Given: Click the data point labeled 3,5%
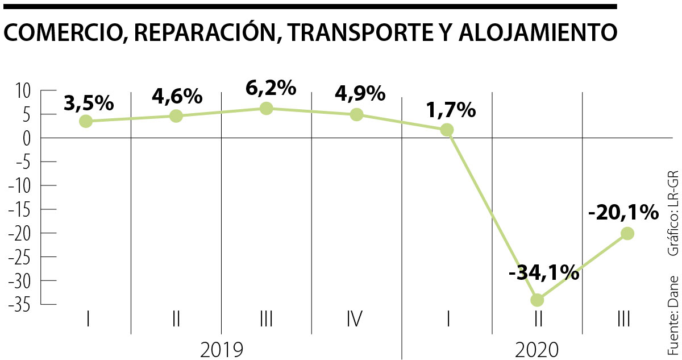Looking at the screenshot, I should point(86,121).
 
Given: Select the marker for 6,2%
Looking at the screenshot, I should point(266,108).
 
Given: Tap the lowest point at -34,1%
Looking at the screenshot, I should point(537,299).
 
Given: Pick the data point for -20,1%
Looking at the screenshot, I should point(627,233).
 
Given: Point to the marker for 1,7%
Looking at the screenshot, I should point(447,130).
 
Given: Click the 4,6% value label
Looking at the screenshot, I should point(177,96).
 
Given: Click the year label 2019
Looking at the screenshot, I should point(222,349).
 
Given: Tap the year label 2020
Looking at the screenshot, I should point(537,349).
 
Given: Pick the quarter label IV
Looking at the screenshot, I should point(355,319).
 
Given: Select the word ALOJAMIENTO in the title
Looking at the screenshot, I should point(537,33).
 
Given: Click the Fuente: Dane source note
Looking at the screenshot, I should point(673,316).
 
